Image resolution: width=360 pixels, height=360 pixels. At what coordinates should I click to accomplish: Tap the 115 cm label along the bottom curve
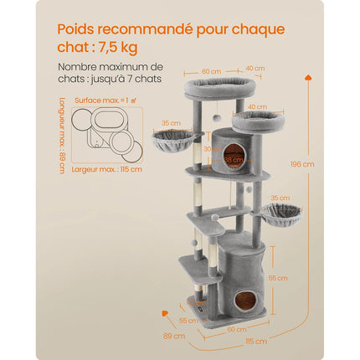[257, 341]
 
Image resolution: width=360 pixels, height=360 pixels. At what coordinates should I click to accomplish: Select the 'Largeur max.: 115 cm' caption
[108, 169]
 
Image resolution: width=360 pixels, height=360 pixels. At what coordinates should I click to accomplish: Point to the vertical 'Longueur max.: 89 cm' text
[63, 134]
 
